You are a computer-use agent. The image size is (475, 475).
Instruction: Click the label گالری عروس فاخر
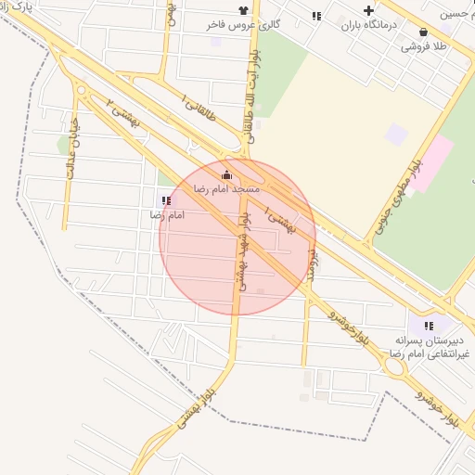(x=242, y=25)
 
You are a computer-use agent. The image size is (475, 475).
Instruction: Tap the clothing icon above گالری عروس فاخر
(x=242, y=9)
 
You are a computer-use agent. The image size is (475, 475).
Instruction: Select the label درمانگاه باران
(x=368, y=25)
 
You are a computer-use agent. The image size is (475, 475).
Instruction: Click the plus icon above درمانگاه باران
(x=368, y=10)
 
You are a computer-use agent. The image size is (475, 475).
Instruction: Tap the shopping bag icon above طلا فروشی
(x=424, y=31)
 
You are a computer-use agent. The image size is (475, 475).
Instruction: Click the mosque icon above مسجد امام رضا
(x=226, y=174)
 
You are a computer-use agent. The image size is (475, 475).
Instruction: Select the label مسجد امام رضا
(x=226, y=188)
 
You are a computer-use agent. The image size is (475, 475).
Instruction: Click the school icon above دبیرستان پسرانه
(x=429, y=326)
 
